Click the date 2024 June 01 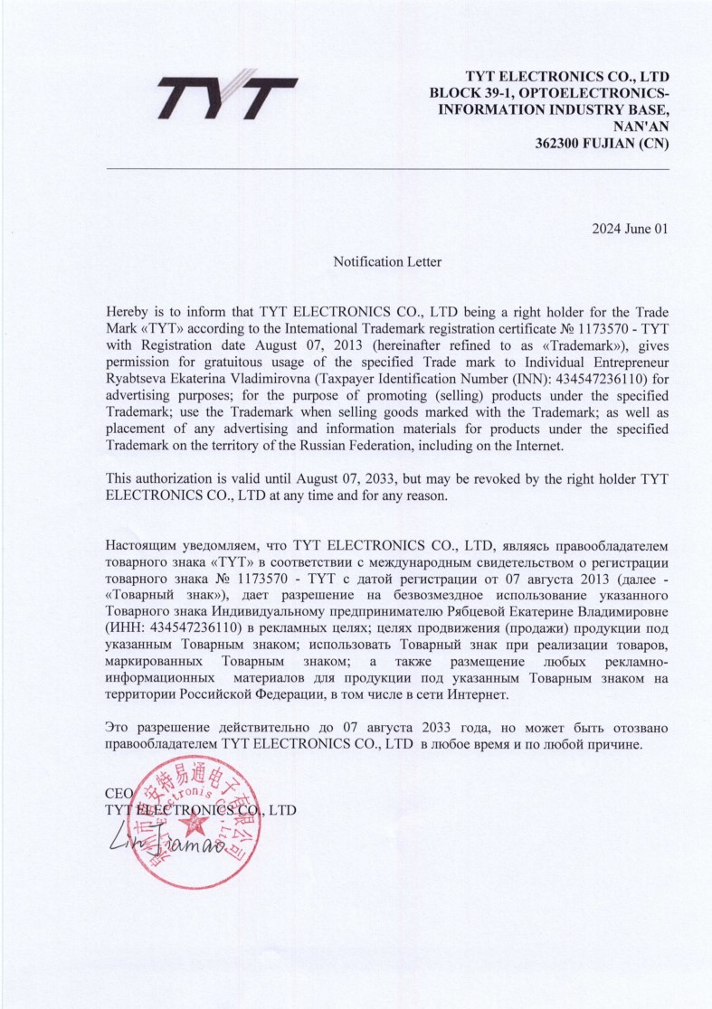click(x=630, y=229)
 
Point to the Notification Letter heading click(x=387, y=262)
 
